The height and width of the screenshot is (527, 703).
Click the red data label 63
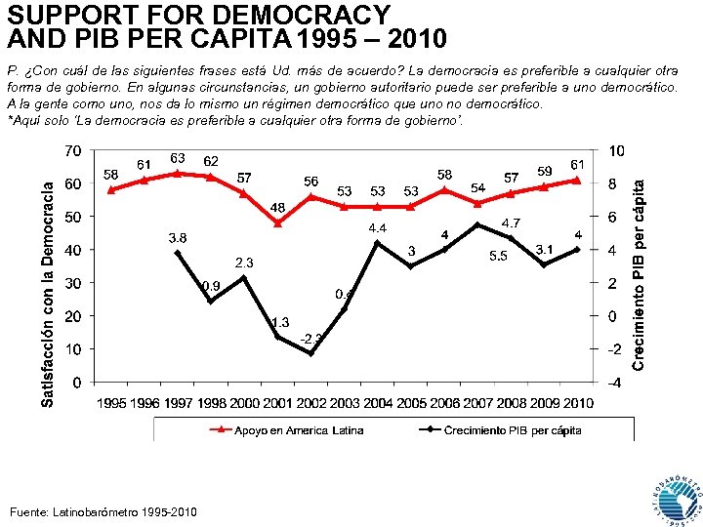point(178,157)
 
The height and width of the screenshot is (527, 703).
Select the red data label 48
point(277,208)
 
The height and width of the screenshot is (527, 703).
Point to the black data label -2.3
point(312,339)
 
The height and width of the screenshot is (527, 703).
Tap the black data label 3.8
point(178,237)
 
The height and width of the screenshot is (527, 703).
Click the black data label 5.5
point(497,256)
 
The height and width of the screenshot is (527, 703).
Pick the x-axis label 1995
point(110,403)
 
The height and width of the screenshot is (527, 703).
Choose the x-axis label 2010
point(577,403)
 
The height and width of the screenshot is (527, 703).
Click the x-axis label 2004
point(377,403)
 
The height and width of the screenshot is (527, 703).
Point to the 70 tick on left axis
point(73,151)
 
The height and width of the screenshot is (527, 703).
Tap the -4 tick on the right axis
point(612,383)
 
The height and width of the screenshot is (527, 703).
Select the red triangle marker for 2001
point(277,223)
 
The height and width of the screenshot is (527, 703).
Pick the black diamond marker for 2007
point(476,225)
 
